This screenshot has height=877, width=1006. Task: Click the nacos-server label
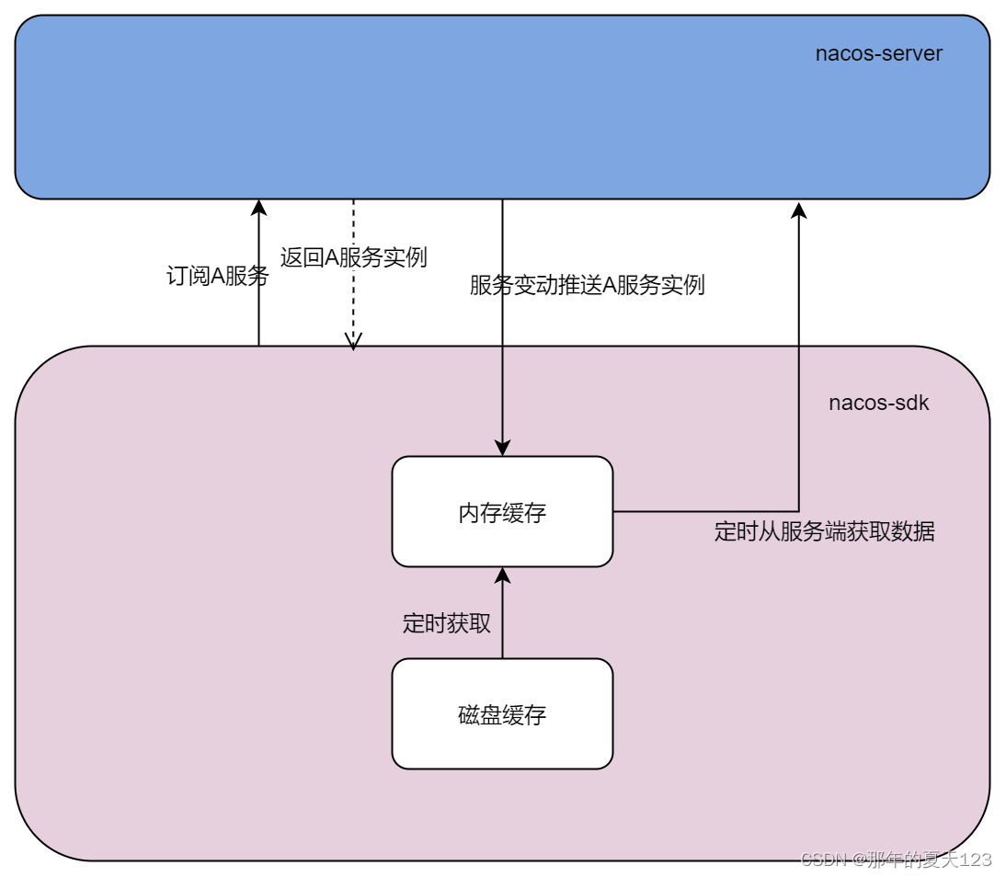point(878,53)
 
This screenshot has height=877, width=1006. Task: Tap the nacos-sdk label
point(878,403)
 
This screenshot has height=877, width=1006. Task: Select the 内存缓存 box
point(502,512)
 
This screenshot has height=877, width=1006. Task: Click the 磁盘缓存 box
point(502,714)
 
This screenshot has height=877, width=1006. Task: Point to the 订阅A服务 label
point(217,276)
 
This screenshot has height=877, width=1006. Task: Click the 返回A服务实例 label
point(354,257)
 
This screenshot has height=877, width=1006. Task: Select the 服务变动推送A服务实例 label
point(587,285)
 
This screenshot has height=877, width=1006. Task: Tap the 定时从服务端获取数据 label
point(824,531)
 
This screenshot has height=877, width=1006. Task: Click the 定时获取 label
point(447,623)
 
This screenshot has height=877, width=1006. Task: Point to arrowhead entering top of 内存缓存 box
point(502,448)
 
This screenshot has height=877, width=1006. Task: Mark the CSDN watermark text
point(896,860)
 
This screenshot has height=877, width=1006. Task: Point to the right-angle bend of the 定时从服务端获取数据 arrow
point(798,511)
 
